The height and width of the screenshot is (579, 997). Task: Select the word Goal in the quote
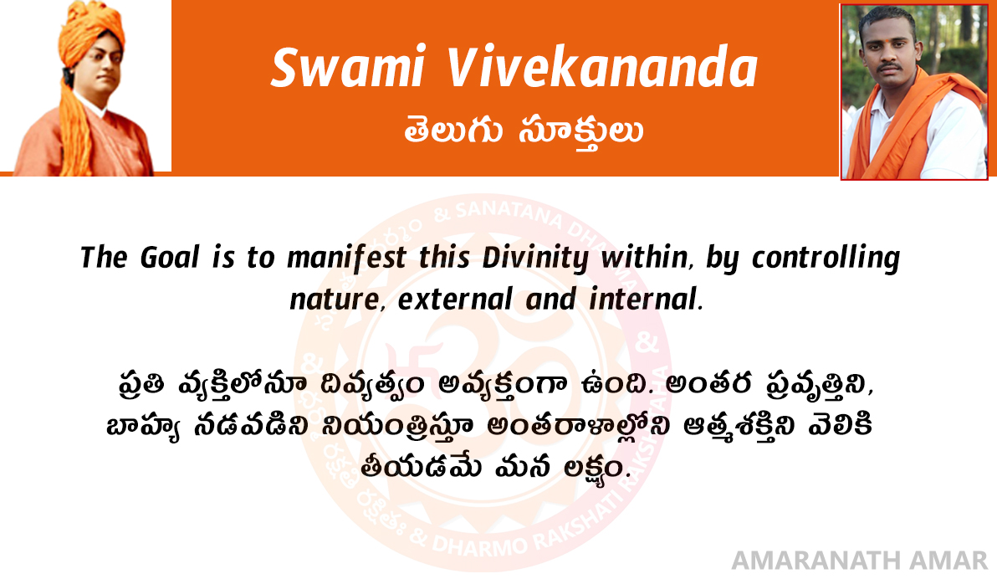(x=170, y=257)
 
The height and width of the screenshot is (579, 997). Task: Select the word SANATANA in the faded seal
(x=509, y=213)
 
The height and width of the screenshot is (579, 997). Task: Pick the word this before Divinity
(x=444, y=257)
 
